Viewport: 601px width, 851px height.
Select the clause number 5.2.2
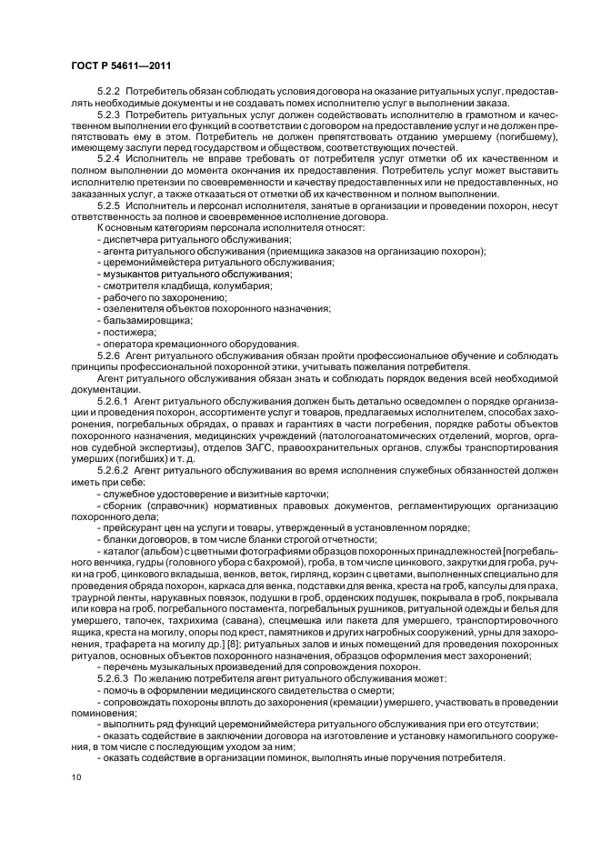click(x=109, y=93)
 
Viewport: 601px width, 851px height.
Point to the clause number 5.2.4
click(x=109, y=159)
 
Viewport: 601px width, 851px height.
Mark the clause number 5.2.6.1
click(x=114, y=399)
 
